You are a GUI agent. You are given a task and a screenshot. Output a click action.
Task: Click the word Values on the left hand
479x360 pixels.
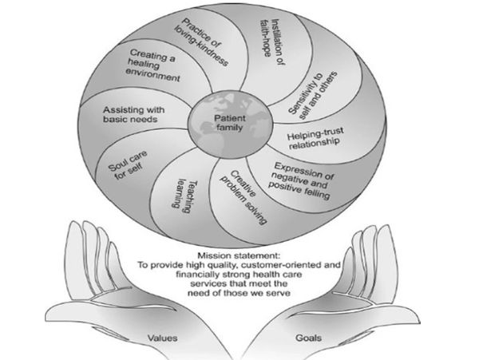click(163, 337)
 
